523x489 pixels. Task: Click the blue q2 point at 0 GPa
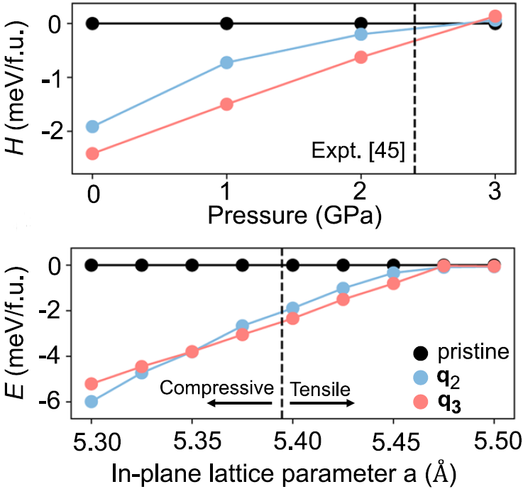[x=92, y=127]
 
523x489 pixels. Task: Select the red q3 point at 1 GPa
[x=226, y=104]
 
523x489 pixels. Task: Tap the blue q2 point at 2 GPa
[x=360, y=34]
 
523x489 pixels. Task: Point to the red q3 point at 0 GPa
[x=92, y=153]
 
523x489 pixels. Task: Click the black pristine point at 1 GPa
[x=226, y=23]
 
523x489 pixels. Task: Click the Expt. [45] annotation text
[x=358, y=151]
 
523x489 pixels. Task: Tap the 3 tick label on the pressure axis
[x=495, y=192]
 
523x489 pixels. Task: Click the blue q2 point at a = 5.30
[x=92, y=402]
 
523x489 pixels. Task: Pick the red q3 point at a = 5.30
[x=92, y=384]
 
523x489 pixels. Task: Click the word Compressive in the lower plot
[x=216, y=388]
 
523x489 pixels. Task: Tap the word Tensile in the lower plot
[x=320, y=388]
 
